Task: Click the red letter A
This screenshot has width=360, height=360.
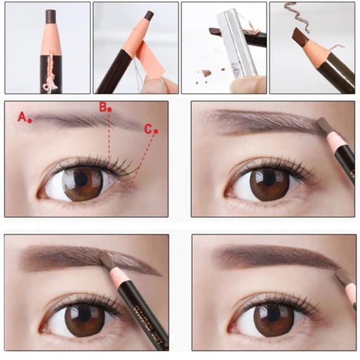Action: (x=22, y=116)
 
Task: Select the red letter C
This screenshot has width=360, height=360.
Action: (x=148, y=128)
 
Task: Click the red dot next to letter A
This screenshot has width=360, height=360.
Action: (x=30, y=120)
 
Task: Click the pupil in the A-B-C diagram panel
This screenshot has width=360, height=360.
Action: (x=82, y=179)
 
